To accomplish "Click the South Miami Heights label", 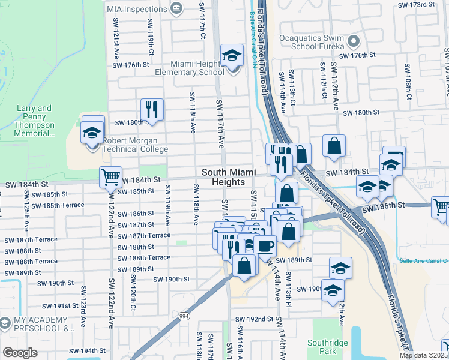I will pos(223,176).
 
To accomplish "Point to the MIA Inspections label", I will pos(137,10).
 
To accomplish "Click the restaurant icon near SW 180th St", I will pos(152,109).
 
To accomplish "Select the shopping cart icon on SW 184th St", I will pos(110,178).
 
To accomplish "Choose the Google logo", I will pos(20,353).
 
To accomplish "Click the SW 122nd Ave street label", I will pos(111,303).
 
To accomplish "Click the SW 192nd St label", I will pos(255,319).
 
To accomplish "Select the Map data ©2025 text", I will pos(423,355).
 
